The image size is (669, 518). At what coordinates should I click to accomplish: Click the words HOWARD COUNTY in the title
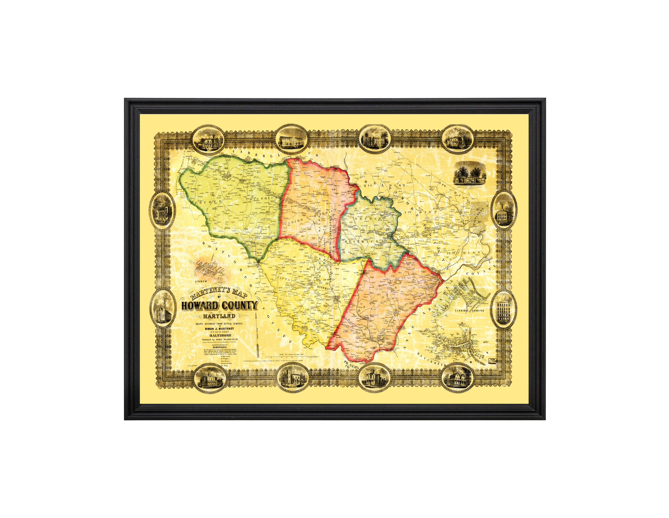coord(219,306)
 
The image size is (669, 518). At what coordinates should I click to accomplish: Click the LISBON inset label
coord(201,281)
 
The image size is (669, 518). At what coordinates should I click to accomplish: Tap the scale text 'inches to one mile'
coord(294,354)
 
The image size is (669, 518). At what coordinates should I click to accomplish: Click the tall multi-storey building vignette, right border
coord(504,309)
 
